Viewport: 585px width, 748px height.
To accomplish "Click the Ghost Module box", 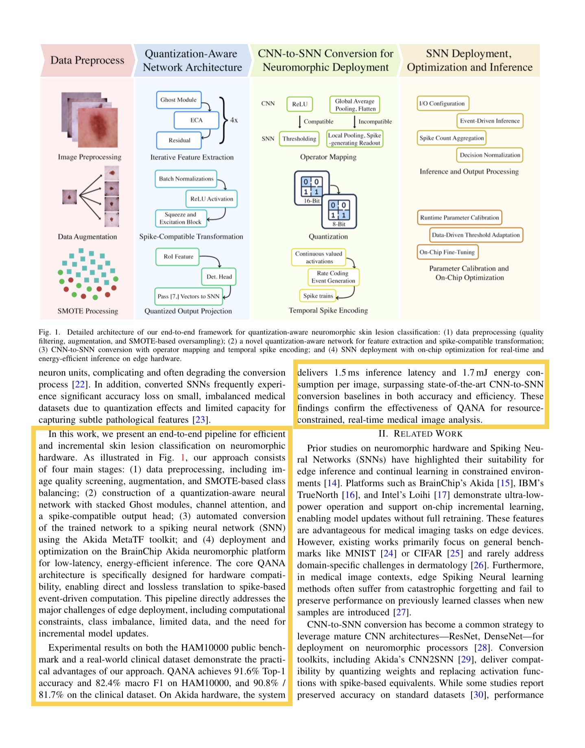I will point(179,100).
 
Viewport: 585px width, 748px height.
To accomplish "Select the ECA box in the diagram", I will point(196,120).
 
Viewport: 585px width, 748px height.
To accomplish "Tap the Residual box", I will point(179,140).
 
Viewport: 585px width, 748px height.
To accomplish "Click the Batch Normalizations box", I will point(186,179).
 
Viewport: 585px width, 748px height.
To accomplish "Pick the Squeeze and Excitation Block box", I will point(181,218).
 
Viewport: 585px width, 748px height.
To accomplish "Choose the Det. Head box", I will point(219,277).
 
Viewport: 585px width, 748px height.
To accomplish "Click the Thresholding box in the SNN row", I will point(299,139).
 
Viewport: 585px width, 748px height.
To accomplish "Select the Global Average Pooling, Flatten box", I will point(355,105).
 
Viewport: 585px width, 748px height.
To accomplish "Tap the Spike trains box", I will point(318,296).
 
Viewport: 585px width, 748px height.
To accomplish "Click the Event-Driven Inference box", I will point(490,121).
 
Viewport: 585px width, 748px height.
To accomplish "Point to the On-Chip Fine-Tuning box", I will point(447,252).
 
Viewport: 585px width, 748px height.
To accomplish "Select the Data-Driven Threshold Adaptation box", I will point(476,235).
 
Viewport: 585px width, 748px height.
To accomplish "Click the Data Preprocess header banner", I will point(87,61).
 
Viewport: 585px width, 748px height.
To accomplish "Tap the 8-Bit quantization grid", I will point(338,210).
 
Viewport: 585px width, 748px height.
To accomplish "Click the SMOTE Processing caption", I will point(87,311).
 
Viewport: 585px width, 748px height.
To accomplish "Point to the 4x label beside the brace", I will point(234,120).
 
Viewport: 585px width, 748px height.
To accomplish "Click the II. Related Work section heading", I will point(420,434).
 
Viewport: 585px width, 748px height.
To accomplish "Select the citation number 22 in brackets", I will point(79,384).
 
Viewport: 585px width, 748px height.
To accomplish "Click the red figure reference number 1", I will point(183,458).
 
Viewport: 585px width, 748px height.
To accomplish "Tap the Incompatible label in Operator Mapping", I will point(375,121).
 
